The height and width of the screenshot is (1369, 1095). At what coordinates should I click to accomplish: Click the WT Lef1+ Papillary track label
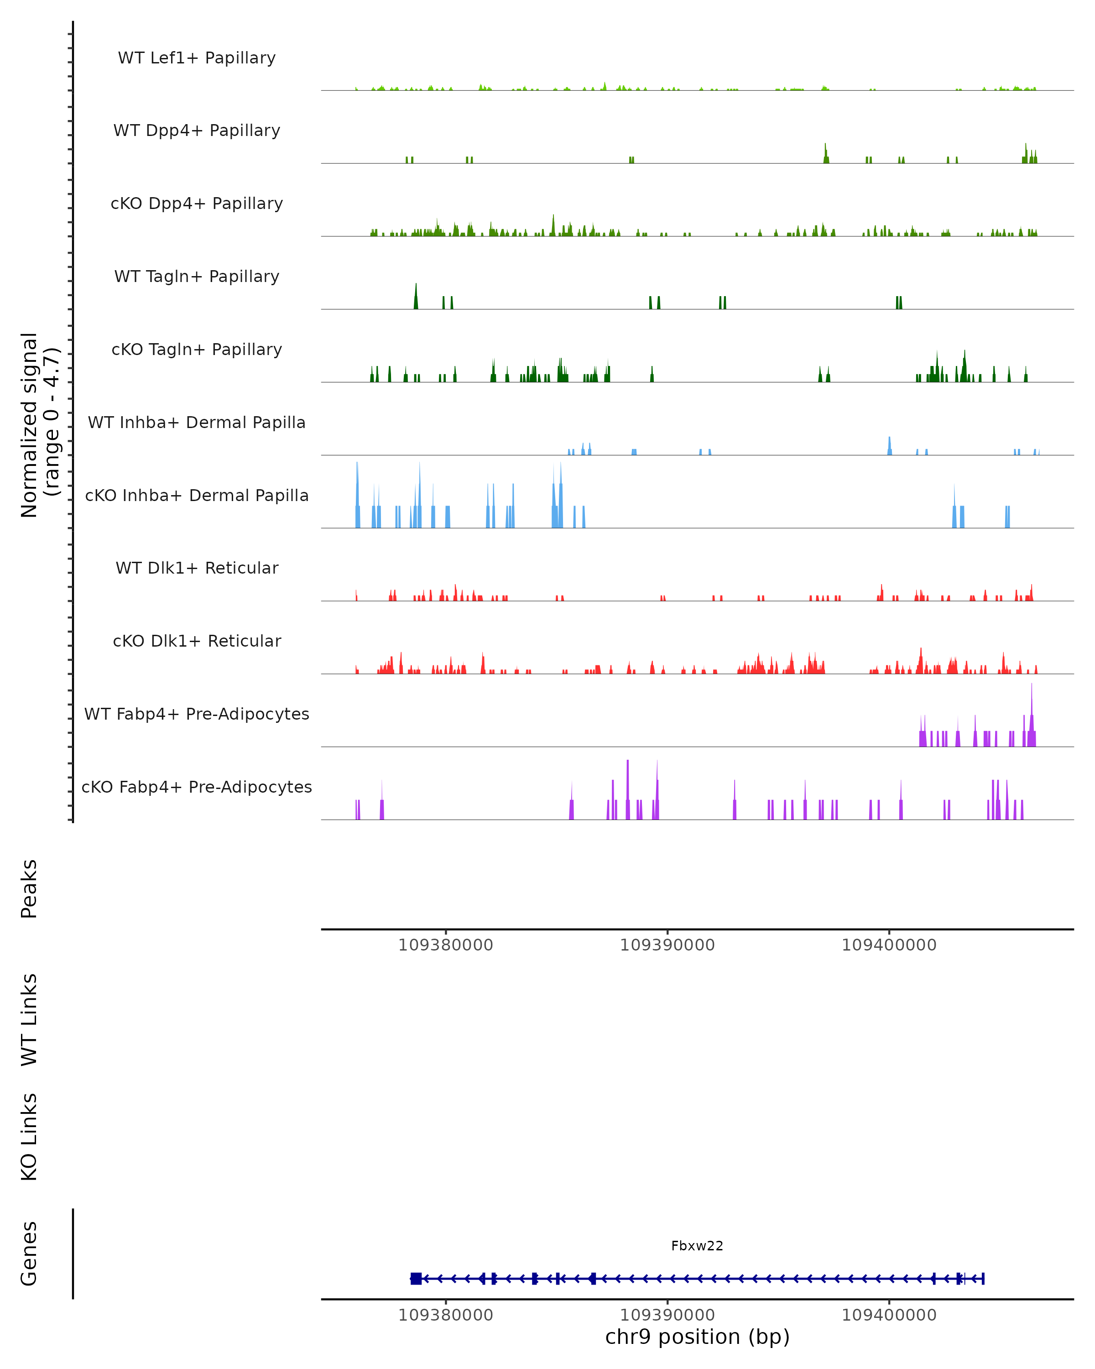(x=197, y=58)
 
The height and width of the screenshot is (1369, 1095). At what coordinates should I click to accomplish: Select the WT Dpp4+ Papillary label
(x=197, y=131)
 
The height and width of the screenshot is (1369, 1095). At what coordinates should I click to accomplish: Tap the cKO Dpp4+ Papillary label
(x=197, y=204)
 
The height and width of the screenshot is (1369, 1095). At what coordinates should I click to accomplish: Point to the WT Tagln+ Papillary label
(x=197, y=277)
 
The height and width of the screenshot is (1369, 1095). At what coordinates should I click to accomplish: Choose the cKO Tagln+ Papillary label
(x=197, y=350)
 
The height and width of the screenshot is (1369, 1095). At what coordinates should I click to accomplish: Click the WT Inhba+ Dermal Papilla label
(x=197, y=423)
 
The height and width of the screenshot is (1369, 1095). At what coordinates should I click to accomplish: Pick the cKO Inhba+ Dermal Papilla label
(x=197, y=496)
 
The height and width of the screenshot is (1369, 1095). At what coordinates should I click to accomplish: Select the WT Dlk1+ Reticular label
(x=197, y=568)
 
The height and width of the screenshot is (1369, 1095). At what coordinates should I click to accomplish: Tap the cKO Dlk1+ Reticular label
(x=197, y=641)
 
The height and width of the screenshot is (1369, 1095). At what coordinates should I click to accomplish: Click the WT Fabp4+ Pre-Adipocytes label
(x=197, y=714)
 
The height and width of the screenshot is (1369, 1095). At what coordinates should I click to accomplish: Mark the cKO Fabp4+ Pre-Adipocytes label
(x=197, y=787)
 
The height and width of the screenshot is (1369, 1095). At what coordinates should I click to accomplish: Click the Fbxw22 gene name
(x=697, y=1246)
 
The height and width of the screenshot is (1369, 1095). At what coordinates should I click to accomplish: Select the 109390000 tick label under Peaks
(x=667, y=945)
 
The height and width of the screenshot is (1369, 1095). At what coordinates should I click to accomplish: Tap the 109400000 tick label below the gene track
(x=889, y=1315)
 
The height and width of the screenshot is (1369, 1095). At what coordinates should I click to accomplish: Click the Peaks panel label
(x=29, y=888)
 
